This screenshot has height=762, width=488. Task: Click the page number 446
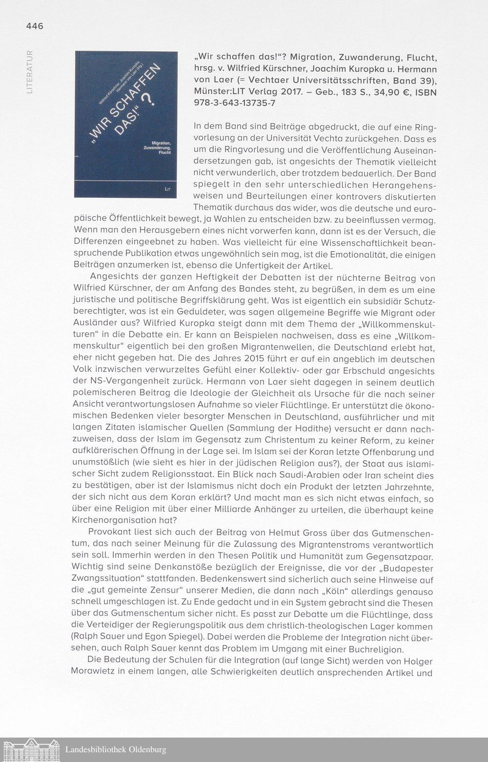point(35,26)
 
